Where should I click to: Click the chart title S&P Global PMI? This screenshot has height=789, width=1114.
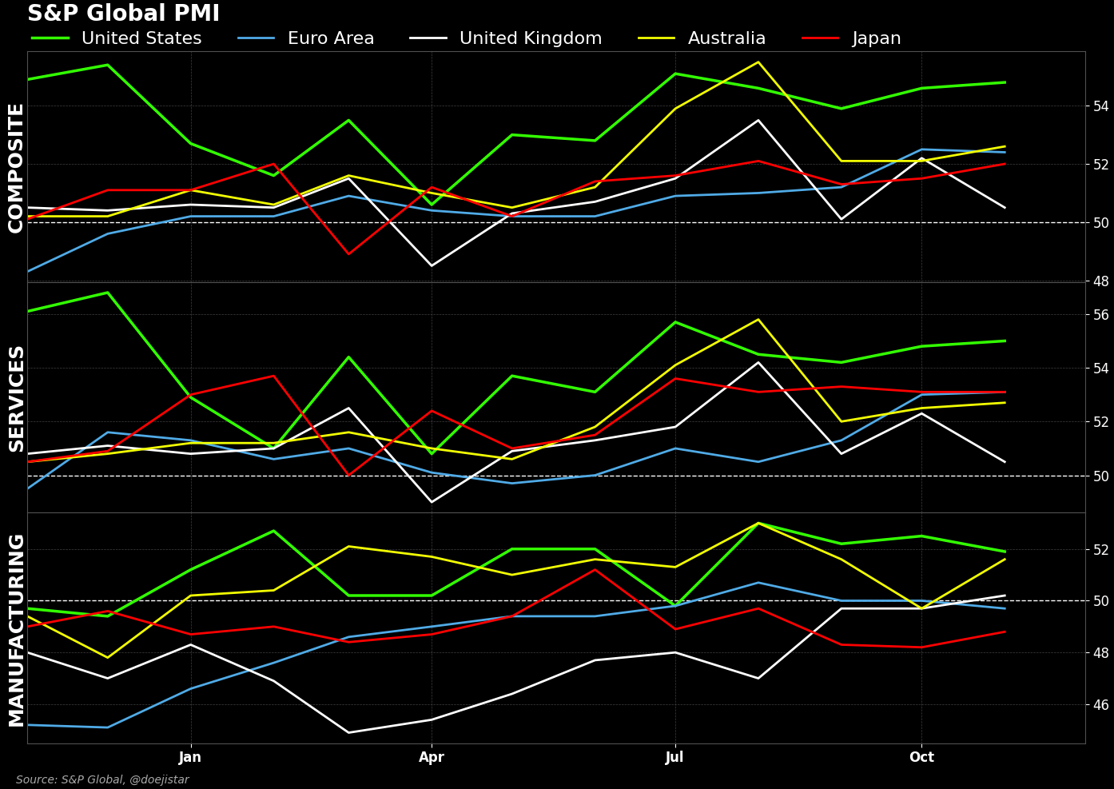(x=123, y=14)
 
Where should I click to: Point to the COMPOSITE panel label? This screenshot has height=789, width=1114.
(x=17, y=168)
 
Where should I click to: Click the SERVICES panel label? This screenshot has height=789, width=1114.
(x=17, y=398)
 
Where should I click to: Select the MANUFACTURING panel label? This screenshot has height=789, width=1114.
(x=17, y=630)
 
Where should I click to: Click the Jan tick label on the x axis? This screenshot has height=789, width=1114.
(x=190, y=757)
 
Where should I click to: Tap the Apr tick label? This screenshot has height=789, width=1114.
(x=432, y=757)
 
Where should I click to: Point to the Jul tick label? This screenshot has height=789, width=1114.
(x=674, y=757)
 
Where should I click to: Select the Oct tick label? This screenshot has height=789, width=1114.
(x=921, y=757)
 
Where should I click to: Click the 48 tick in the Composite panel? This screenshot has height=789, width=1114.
(x=1100, y=281)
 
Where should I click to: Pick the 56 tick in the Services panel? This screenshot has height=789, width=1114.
(x=1100, y=315)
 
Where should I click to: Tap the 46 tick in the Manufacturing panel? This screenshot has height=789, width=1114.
(x=1100, y=705)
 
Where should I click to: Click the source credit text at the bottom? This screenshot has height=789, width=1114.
(x=102, y=779)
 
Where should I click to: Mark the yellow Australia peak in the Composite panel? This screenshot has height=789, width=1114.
(x=758, y=62)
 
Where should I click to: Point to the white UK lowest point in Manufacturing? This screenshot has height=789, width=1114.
(x=348, y=732)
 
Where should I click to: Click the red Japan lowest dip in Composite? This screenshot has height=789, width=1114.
(x=348, y=254)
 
